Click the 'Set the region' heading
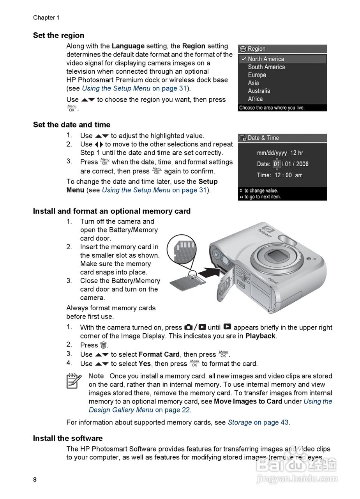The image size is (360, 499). pyautogui.click(x=58, y=35)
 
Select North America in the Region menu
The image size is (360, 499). pyautogui.click(x=266, y=59)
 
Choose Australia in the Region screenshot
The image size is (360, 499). pyautogui.click(x=259, y=91)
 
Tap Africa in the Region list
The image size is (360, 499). pyautogui.click(x=255, y=99)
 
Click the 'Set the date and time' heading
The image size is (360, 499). pyautogui.click(x=71, y=125)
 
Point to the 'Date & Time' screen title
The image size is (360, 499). pyautogui.click(x=263, y=138)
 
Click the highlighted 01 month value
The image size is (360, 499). pyautogui.click(x=277, y=164)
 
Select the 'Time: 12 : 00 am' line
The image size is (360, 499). pyautogui.click(x=279, y=175)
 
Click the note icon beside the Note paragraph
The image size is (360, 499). pyautogui.click(x=74, y=380)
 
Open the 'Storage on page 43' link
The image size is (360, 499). pyautogui.click(x=258, y=422)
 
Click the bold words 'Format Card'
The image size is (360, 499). pyautogui.click(x=159, y=354)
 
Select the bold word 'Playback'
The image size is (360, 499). pyautogui.click(x=260, y=336)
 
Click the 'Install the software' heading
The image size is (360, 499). pyautogui.click(x=67, y=438)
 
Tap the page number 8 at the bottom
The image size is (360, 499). pyautogui.click(x=35, y=480)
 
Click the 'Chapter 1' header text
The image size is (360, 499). pyautogui.click(x=46, y=18)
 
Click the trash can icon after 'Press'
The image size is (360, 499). pyautogui.click(x=103, y=345)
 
